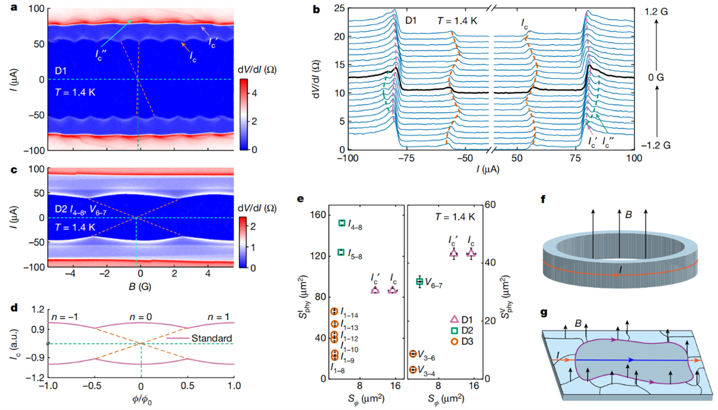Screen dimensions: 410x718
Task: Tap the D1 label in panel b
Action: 412,21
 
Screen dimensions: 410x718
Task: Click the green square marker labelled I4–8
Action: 342,223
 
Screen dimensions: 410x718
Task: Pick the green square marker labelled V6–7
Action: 419,282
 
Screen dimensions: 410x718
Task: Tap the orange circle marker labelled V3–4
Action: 413,369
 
